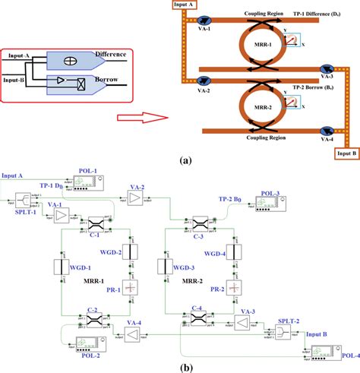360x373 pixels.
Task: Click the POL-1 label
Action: (x=90, y=172)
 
